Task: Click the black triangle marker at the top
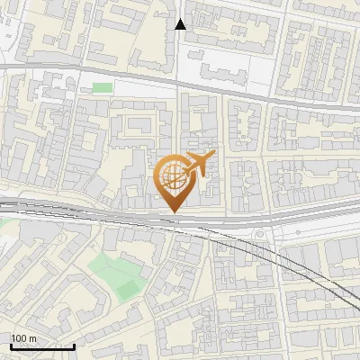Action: (180, 24)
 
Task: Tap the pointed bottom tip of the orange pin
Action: (174, 212)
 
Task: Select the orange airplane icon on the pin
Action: (199, 165)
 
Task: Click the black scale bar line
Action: (41, 346)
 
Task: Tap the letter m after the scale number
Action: (33, 338)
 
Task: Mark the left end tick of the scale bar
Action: (10, 345)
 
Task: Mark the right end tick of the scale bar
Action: (74, 345)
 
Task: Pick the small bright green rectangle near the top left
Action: (103, 87)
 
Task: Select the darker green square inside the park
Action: (127, 287)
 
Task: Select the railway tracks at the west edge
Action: (18, 208)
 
